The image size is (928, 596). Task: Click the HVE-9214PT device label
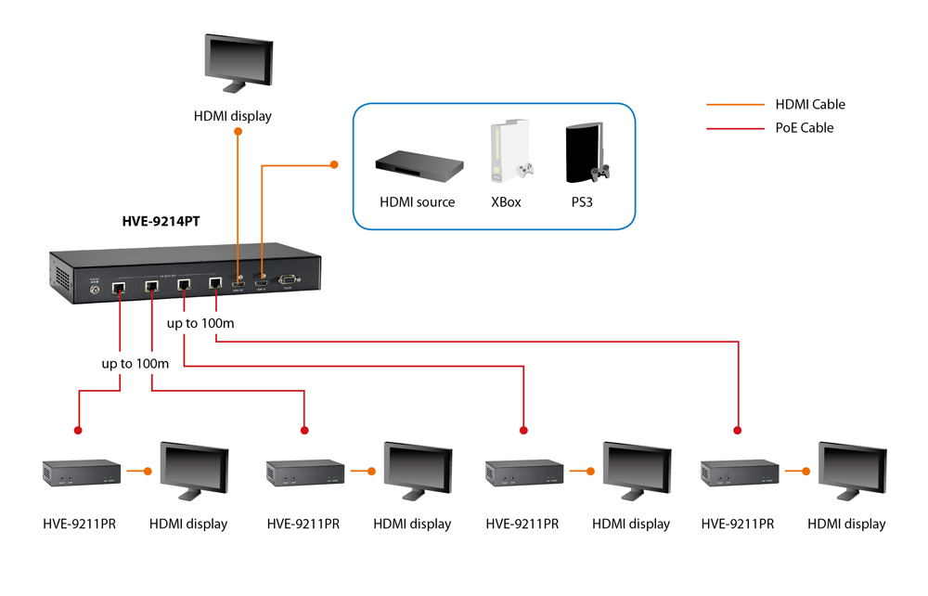[x=161, y=222]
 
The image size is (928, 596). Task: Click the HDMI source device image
[x=419, y=166]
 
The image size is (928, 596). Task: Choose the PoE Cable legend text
[x=804, y=128]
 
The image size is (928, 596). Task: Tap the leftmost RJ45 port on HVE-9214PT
[x=120, y=288]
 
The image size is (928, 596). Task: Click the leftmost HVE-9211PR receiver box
[x=82, y=473]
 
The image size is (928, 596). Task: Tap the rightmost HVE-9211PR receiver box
[x=740, y=473]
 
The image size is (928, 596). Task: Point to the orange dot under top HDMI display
[x=238, y=132]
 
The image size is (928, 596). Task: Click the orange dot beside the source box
[x=335, y=165]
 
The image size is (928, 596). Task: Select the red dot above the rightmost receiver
[x=739, y=430]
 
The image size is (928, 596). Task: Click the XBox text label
[x=506, y=201]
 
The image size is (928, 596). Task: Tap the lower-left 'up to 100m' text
[x=135, y=364]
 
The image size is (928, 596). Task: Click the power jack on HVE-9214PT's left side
[x=93, y=289]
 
